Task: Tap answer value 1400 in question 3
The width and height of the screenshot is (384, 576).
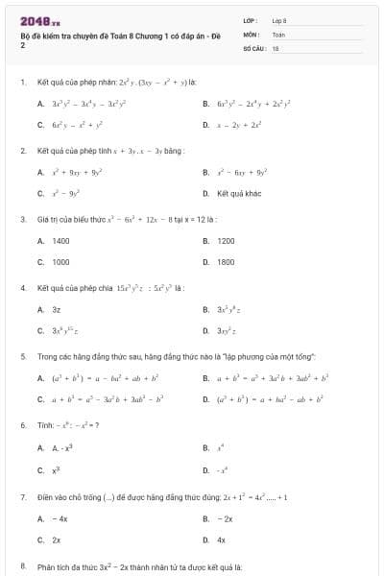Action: [60, 241]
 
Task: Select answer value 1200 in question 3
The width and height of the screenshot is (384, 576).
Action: [227, 241]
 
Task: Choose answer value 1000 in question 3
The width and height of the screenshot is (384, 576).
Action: [60, 261]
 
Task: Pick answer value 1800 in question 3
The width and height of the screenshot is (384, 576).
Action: [227, 261]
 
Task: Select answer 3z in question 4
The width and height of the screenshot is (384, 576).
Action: [56, 309]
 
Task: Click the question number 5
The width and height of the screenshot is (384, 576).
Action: [22, 355]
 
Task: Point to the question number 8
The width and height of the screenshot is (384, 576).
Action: [22, 567]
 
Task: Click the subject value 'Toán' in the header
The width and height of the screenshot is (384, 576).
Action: [279, 33]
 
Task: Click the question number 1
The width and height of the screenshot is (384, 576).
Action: [22, 83]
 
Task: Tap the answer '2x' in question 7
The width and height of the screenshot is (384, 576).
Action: [56, 540]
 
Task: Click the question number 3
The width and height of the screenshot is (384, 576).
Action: [22, 219]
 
